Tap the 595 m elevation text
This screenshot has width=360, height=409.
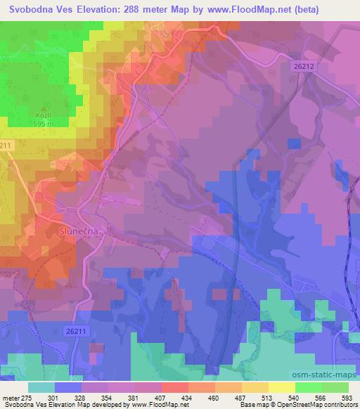click(44, 124)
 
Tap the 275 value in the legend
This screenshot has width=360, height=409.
click(27, 398)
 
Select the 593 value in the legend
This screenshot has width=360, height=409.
click(347, 398)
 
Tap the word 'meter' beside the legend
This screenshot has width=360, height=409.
click(11, 398)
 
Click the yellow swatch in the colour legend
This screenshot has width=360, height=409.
click(281, 387)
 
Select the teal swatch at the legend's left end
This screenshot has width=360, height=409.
click(41, 387)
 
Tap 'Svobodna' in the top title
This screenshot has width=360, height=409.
click(31, 10)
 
